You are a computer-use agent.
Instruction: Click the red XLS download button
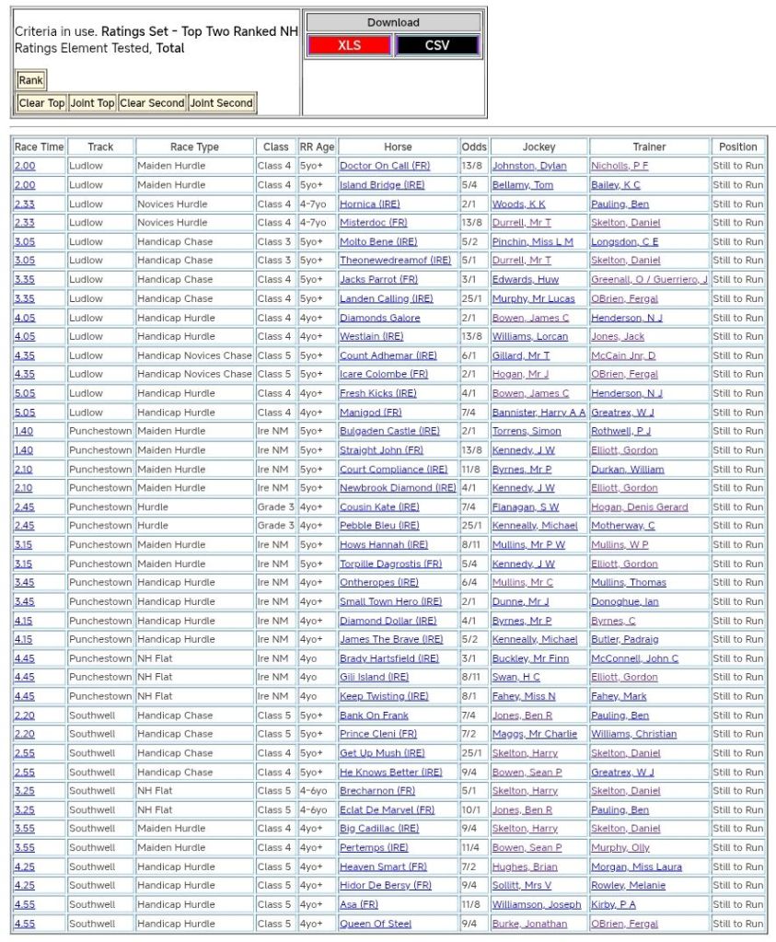coord(349,45)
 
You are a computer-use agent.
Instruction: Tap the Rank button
coord(30,80)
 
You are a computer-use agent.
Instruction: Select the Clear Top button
coord(42,103)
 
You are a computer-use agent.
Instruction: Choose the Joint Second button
coord(221,103)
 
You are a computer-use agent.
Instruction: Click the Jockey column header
coord(539,146)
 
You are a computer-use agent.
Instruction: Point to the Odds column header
coord(474,146)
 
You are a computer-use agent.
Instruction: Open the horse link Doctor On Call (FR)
coord(385,166)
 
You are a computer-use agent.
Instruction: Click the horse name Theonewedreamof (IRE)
coord(395,261)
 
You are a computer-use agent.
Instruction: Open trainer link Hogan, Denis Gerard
coord(639,506)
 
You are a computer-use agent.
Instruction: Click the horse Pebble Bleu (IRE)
coord(379,526)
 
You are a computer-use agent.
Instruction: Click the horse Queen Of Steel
coord(376,924)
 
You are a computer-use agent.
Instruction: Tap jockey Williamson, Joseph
coord(537,904)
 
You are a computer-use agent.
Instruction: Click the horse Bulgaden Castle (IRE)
coord(389,431)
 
